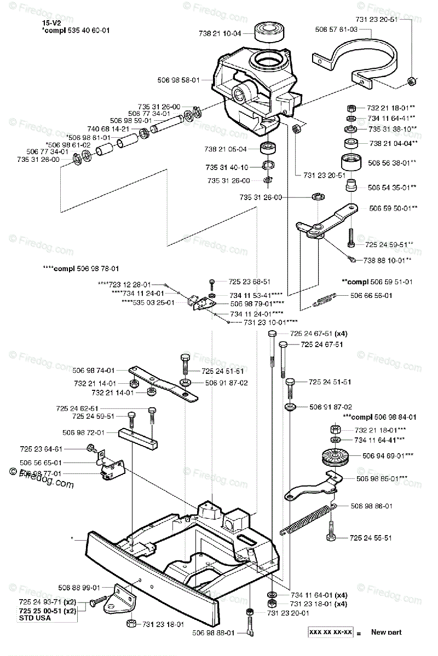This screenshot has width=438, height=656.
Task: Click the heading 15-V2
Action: coord(50,23)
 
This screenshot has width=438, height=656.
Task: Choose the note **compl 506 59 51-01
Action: coord(377,282)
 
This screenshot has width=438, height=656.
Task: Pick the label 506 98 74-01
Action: coord(96,370)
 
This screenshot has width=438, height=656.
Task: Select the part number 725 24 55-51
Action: coord(371,538)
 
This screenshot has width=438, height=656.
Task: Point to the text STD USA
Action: coord(35,618)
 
